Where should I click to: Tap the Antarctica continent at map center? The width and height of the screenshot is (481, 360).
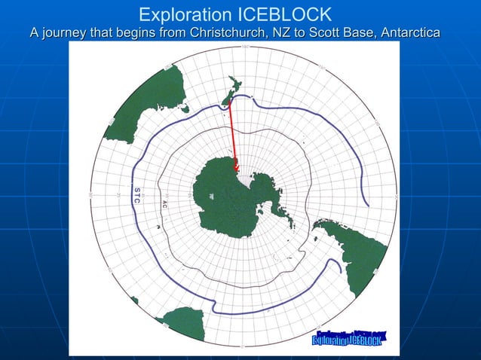[226, 200]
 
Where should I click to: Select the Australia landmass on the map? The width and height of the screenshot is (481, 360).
[143, 102]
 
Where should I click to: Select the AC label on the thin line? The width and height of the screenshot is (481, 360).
[164, 203]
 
